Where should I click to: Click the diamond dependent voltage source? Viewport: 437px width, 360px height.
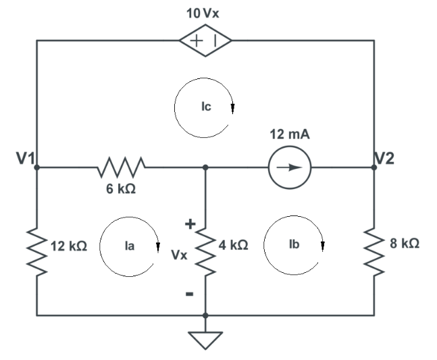[x=205, y=41]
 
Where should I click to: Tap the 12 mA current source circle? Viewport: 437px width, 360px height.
[x=289, y=167]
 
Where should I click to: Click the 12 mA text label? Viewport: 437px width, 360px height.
[x=289, y=135]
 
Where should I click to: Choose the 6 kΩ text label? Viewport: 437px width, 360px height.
[x=121, y=190]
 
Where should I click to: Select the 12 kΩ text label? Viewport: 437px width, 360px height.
[x=68, y=246]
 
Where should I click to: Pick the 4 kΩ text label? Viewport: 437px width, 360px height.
[x=234, y=246]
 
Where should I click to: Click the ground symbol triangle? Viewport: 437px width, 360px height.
[x=205, y=338]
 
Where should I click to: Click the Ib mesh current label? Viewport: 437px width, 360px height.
[x=293, y=244]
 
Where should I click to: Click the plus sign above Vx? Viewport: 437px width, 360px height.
[x=190, y=224]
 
